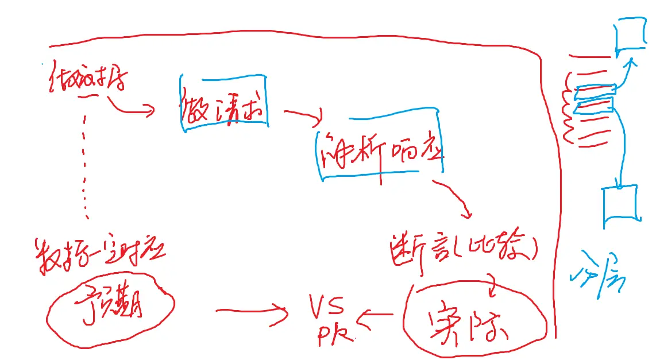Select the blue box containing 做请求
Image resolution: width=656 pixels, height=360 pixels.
point(225,103)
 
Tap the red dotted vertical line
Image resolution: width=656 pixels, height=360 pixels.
point(86,167)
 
